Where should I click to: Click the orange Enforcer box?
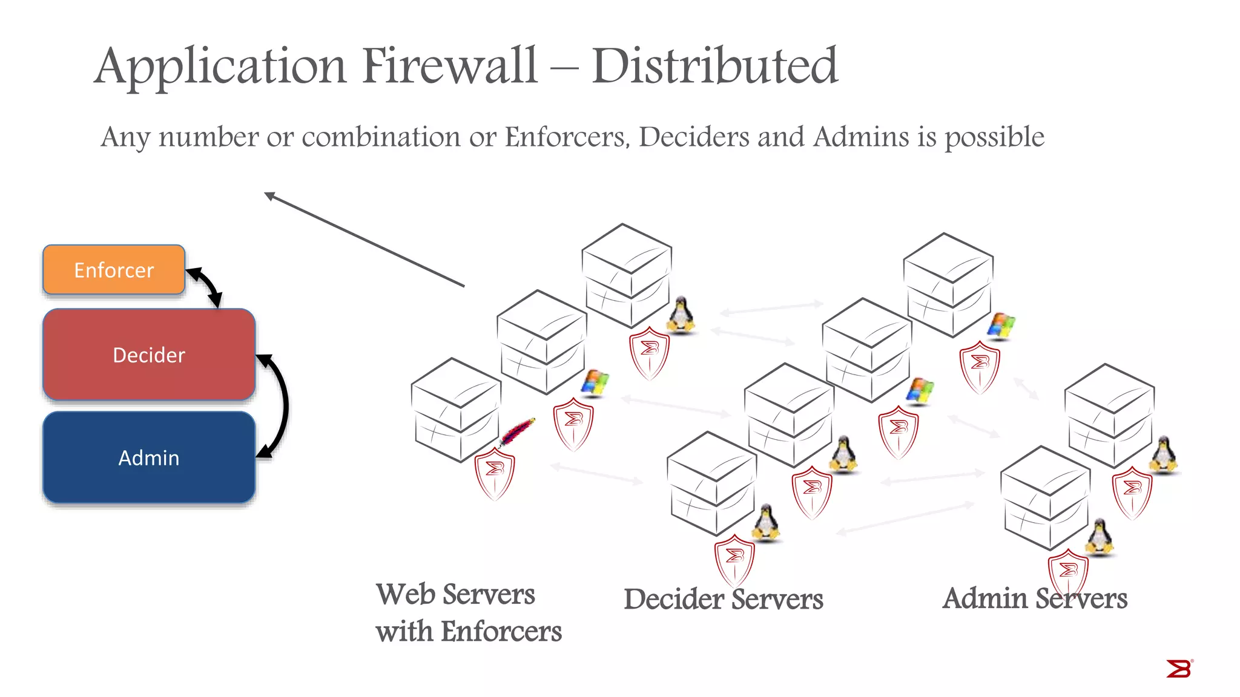(114, 270)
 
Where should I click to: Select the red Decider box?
(149, 355)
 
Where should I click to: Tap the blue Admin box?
(149, 457)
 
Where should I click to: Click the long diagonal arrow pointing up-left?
(363, 239)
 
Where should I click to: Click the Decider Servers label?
(723, 599)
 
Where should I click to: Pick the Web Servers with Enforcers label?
(467, 612)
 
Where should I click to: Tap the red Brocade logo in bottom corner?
(1178, 669)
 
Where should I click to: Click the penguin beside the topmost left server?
(681, 314)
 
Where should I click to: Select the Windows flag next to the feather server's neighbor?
(595, 383)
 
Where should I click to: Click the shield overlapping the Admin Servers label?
(1068, 572)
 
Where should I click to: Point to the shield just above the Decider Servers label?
(734, 560)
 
